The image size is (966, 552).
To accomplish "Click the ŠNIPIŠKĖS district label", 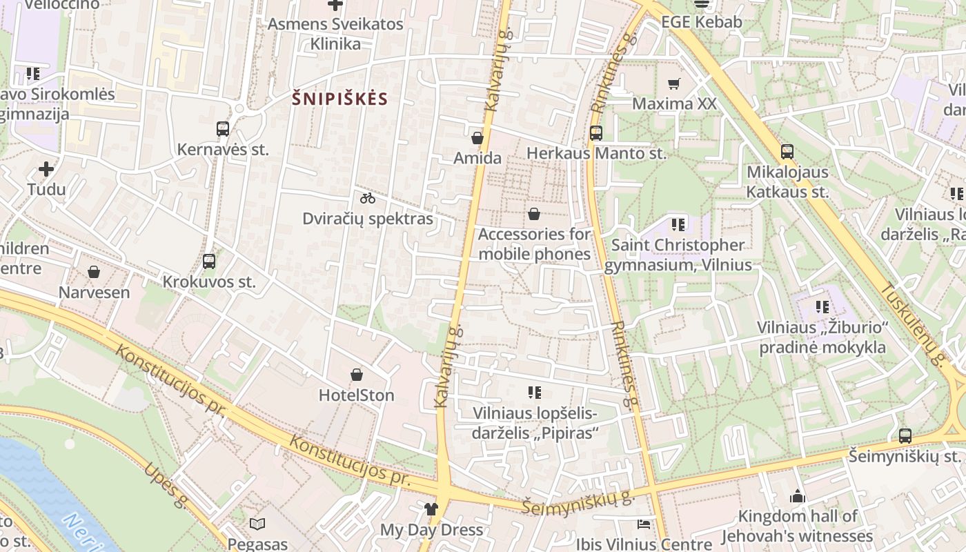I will click(x=339, y=99).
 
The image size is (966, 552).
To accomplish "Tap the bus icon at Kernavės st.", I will click(x=223, y=128).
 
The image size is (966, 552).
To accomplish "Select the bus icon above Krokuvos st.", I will click(x=209, y=262).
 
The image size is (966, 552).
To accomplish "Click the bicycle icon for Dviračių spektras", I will click(x=368, y=199).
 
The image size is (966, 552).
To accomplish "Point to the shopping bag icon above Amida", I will click(x=477, y=138).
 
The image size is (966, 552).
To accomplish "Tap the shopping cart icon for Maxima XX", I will click(x=674, y=84).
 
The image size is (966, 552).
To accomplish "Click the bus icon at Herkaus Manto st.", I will click(x=596, y=133).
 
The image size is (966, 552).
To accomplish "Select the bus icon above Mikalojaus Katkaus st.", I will click(x=787, y=152).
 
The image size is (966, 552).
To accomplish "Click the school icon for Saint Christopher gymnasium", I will click(x=678, y=224).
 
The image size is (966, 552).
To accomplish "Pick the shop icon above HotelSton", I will click(x=357, y=375).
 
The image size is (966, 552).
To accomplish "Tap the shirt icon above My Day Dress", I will click(x=431, y=509).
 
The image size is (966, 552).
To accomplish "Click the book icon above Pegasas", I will click(x=257, y=524).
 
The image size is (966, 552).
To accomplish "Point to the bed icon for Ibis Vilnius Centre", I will click(x=644, y=524).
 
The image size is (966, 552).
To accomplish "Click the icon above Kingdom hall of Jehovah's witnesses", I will click(x=798, y=496).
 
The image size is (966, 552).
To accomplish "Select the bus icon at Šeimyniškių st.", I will click(x=905, y=436).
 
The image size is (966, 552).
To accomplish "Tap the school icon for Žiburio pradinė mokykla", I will click(x=822, y=306).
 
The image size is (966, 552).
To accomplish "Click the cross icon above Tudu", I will click(x=46, y=168).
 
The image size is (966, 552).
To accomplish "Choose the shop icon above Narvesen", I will click(x=94, y=272).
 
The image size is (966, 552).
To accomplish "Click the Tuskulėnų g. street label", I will click(x=912, y=324).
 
